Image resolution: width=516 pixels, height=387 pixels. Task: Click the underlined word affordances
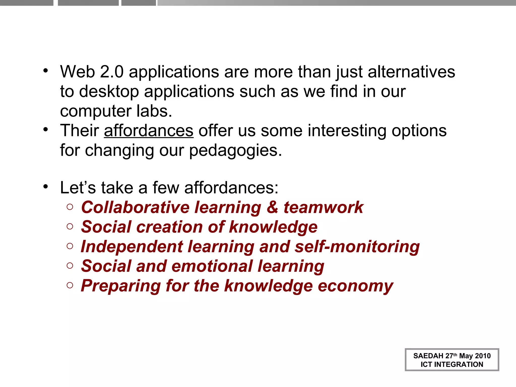coord(149,131)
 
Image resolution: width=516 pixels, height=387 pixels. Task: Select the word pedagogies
coord(235,150)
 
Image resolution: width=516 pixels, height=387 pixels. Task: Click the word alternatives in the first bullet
coord(411,72)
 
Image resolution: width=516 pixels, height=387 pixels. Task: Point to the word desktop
coord(109,91)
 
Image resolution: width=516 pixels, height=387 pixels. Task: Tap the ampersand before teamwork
coord(272,207)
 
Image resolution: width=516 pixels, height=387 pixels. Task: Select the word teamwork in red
coord(324,207)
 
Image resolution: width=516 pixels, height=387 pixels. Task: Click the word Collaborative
coord(135,207)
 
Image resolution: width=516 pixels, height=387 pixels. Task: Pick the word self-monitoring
coord(357,247)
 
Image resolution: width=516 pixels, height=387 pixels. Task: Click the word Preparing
coord(121,286)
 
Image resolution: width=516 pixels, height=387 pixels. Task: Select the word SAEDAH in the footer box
coord(428,356)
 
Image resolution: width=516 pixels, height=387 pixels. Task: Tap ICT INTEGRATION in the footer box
coord(452,364)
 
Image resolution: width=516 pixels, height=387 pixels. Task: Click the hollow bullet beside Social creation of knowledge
coord(70,227)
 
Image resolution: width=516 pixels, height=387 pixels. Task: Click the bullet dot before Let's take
coord(45,187)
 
